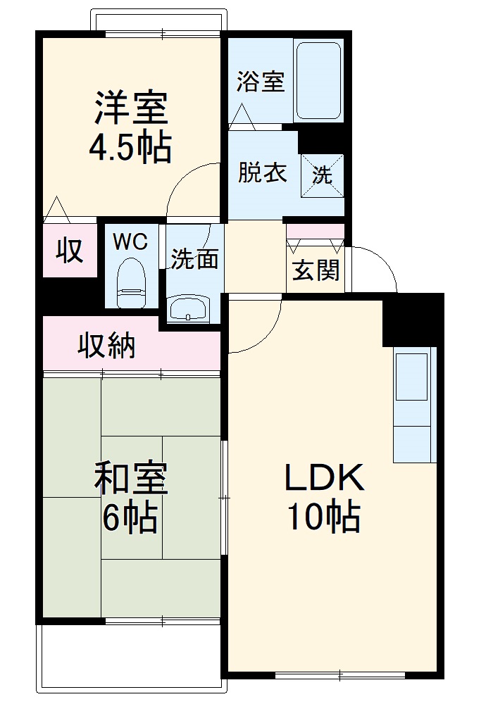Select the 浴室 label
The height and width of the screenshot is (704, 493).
(260, 82)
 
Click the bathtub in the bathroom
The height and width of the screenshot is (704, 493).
(319, 80)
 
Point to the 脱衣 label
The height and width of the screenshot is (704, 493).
(262, 172)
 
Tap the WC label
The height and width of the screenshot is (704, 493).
(130, 242)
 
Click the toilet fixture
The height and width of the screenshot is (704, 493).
(130, 282)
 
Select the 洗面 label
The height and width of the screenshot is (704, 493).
(195, 259)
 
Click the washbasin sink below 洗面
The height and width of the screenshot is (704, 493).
(189, 308)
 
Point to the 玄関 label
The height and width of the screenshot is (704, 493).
(316, 270)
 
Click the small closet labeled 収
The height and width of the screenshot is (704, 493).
(70, 251)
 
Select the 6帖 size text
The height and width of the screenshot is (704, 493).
(131, 519)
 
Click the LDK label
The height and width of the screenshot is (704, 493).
(323, 479)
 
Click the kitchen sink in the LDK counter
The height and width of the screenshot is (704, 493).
(411, 377)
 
